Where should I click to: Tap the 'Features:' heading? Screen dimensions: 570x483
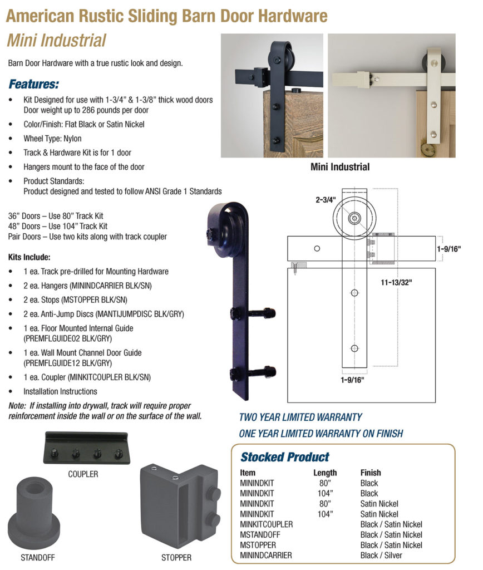[x=33, y=85]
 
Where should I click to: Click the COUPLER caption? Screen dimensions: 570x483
[x=83, y=474]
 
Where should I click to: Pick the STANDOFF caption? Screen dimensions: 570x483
[x=38, y=557]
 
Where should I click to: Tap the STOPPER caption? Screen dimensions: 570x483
[x=176, y=557]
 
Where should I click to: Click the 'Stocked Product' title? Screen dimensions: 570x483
[x=284, y=457]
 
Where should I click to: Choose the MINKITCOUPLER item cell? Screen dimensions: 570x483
[x=266, y=524]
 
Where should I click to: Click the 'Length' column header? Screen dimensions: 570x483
[x=325, y=473]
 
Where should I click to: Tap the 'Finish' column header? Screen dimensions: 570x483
[x=371, y=473]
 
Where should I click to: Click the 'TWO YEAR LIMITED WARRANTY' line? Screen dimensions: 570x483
[x=300, y=417]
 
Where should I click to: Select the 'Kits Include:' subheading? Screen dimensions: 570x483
[x=29, y=258]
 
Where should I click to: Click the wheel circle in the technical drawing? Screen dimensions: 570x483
[x=354, y=218]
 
